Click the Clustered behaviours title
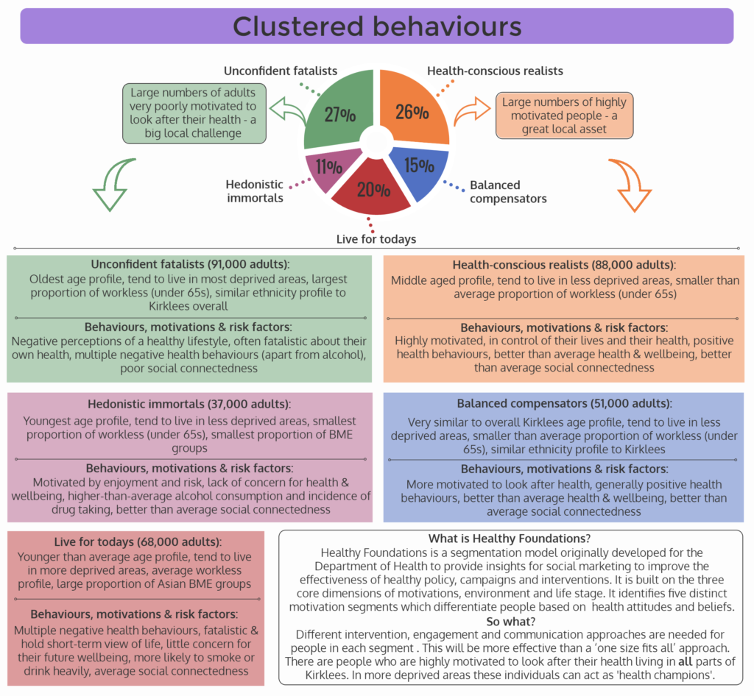click(377, 26)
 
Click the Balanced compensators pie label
click(507, 191)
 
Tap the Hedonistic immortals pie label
click(254, 191)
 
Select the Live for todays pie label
click(376, 238)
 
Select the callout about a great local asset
click(563, 115)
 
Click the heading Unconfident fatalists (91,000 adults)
click(190, 264)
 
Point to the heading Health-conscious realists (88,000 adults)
click(564, 265)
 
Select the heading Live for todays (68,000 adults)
click(134, 541)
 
